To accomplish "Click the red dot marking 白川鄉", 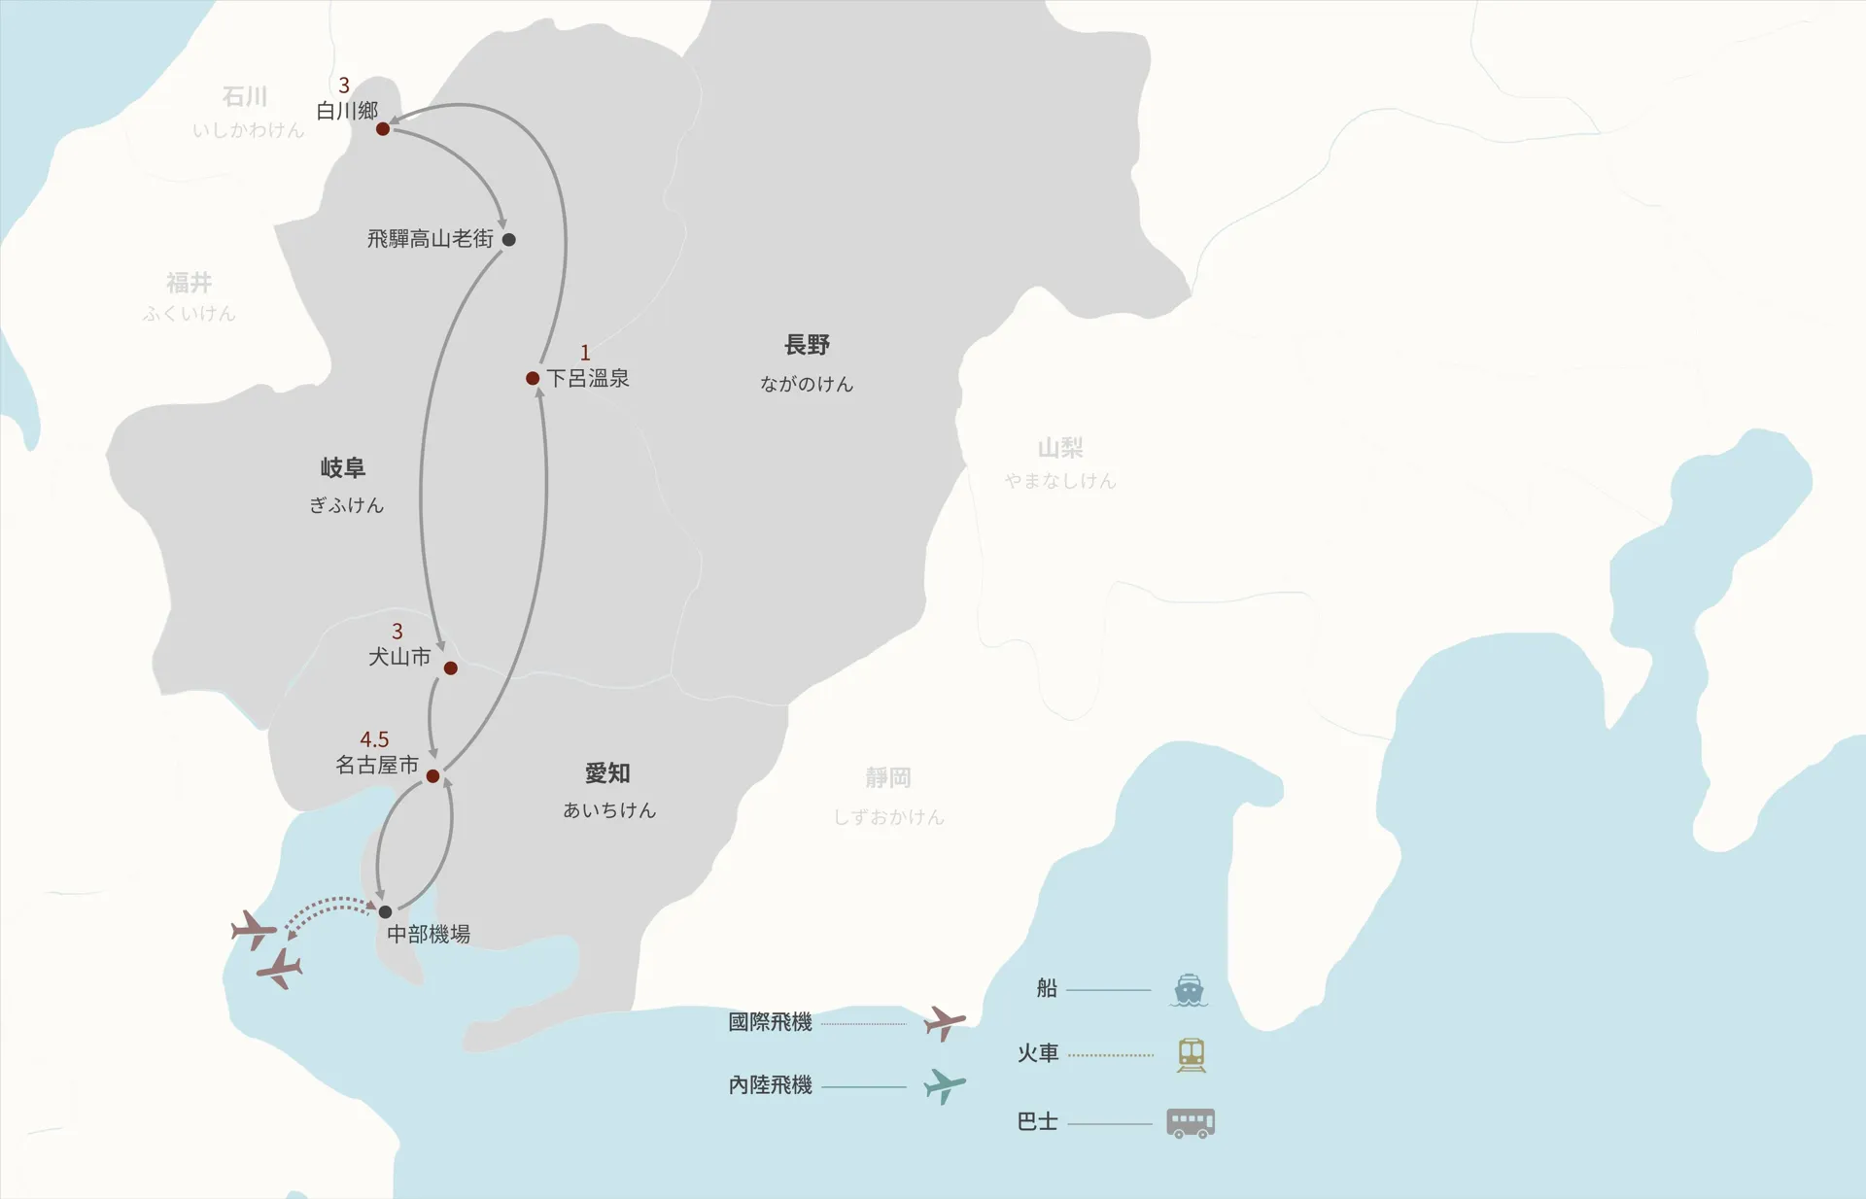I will [383, 128].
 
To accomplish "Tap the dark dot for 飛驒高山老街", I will [508, 239].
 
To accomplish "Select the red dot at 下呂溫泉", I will [533, 378].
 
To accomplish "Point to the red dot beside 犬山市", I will [451, 668].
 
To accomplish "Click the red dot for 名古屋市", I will [433, 775].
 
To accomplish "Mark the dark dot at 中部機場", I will [386, 911].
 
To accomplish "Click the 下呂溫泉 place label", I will [588, 378].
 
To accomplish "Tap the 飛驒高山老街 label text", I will [430, 239].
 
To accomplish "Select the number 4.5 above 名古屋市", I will [374, 739].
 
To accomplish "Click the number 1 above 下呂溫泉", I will [585, 352].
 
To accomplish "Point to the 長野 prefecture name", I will [807, 345].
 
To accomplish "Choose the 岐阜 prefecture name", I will [343, 468].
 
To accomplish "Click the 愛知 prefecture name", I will [607, 773].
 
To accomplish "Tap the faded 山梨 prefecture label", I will [1060, 448].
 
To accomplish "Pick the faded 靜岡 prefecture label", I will [888, 777].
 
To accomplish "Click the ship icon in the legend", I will [1190, 990].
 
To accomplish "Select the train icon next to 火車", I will [1192, 1055].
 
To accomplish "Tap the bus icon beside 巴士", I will [1191, 1123].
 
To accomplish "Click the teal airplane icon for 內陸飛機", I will [944, 1085].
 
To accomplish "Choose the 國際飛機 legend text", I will [770, 1022].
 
